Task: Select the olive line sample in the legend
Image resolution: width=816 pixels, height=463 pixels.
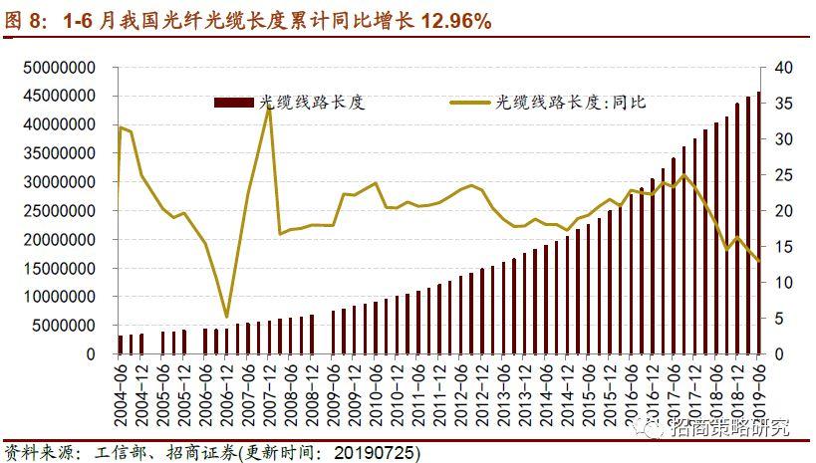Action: tap(470, 102)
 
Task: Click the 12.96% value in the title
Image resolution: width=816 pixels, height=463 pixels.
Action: tap(446, 20)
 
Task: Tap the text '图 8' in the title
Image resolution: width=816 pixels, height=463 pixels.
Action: tap(23, 20)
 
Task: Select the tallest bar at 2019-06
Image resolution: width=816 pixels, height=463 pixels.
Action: tap(758, 223)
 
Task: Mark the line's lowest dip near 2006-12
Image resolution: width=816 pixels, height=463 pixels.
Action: tap(227, 316)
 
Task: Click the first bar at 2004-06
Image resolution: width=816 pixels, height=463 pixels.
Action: tap(122, 345)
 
